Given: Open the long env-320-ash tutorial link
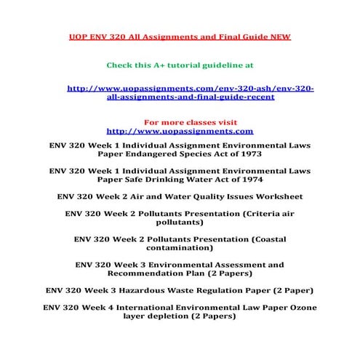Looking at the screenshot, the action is point(190,92).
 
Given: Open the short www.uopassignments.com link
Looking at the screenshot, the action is point(180,132).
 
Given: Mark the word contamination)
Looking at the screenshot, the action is point(180,248).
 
